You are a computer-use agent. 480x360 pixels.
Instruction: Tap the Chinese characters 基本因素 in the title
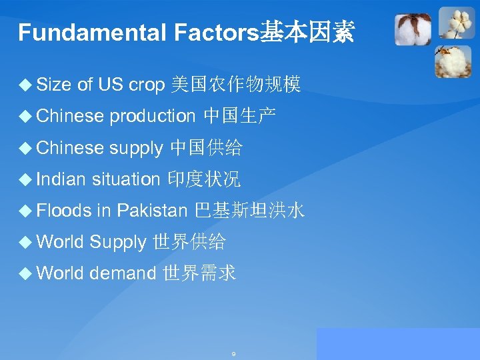tap(307, 32)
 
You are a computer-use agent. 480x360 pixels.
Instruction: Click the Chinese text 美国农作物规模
tap(236, 85)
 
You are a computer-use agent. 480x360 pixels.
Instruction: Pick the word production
tap(152, 116)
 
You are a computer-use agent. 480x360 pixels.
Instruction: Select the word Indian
tap(61, 179)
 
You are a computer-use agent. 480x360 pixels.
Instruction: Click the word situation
tap(126, 179)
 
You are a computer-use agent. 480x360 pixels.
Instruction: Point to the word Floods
tap(64, 211)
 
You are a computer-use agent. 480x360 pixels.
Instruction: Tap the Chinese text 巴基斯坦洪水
tap(249, 211)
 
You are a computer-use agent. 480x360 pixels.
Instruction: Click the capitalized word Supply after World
tap(117, 242)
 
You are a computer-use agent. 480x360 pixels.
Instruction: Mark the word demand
tap(123, 273)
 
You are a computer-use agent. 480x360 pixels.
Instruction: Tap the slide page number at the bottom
tap(233, 353)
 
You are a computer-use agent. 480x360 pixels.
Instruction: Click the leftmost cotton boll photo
tap(413, 30)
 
